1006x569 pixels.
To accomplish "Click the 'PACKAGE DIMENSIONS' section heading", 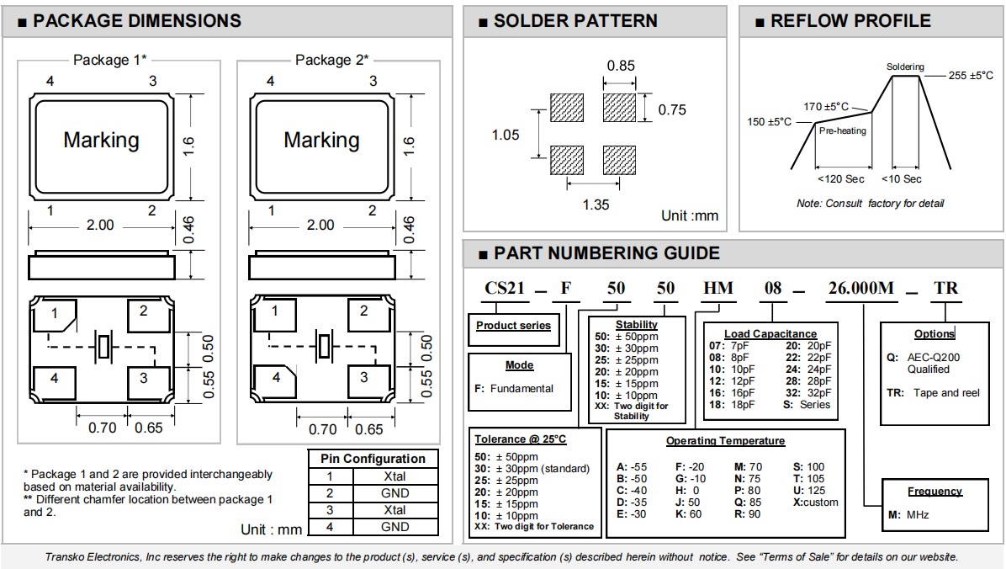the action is (136, 21).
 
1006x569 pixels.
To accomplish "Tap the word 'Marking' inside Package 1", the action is (102, 140).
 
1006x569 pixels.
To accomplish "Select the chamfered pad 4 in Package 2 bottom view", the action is (275, 380).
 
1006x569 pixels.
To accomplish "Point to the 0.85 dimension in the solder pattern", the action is (621, 66).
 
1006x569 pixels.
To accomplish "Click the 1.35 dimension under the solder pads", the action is (596, 205).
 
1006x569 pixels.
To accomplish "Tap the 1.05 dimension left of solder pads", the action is (506, 135).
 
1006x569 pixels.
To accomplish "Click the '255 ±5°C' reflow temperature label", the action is (970, 76).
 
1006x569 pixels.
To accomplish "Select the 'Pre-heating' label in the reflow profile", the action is (842, 131).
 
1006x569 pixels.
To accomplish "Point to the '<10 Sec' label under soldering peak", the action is (901, 179).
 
